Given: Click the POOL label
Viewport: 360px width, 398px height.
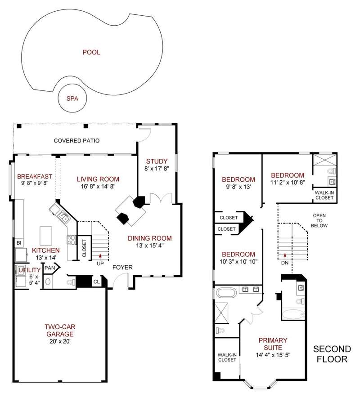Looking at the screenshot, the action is click(91, 52).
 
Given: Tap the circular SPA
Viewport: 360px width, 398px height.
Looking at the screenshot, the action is click(72, 98).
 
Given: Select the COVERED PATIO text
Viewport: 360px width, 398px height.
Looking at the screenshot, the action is click(77, 141).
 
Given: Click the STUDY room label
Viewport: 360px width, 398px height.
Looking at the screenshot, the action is click(157, 161).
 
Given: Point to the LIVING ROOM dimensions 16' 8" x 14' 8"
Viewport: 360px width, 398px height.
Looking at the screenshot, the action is click(98, 186).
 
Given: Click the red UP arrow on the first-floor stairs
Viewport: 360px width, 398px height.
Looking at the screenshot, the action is click(100, 255).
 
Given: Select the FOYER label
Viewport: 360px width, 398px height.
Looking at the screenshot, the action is click(122, 267).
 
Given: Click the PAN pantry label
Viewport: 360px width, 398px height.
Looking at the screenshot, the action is click(49, 268).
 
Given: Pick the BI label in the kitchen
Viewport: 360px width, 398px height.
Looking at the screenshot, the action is click(19, 243).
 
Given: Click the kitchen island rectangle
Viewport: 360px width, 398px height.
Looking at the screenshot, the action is click(46, 236).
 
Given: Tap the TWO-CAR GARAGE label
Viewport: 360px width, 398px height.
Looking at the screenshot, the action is click(60, 331).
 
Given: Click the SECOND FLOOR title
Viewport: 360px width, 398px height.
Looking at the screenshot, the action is click(332, 354).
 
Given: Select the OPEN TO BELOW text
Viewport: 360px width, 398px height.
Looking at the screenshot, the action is click(319, 220).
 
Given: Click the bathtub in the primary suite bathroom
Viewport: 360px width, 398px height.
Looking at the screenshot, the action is click(227, 293).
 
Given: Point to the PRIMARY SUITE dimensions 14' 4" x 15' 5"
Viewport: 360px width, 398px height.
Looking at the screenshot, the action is click(273, 355).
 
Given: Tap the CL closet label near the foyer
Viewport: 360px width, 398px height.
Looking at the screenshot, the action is click(97, 282).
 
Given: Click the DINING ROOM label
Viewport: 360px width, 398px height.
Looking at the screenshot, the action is click(150, 238).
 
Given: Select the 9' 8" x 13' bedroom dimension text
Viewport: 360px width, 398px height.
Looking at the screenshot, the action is click(238, 187).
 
